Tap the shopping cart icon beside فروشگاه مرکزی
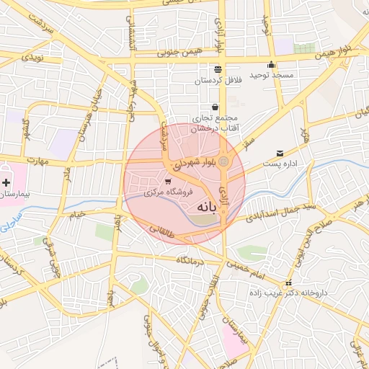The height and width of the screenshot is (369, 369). [168, 182]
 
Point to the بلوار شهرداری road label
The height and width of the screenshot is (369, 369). [194, 164]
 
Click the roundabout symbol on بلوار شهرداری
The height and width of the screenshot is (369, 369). [223, 161]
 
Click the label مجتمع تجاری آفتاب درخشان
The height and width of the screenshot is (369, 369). [216, 123]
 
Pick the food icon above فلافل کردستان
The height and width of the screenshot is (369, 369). [217, 69]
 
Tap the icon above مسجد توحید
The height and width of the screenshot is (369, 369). [271, 64]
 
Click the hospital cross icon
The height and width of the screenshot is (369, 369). [6, 183]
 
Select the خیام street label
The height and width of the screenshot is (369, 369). [76, 213]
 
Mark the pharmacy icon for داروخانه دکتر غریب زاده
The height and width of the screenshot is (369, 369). [289, 283]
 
